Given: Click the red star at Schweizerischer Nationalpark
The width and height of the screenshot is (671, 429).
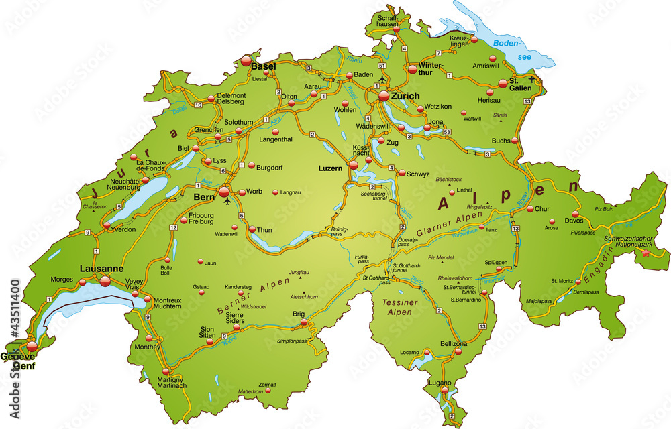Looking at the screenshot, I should click(646, 253).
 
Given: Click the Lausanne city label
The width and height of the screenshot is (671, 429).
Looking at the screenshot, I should click(101, 268).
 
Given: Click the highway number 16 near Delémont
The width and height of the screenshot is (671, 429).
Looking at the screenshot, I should click(198, 106).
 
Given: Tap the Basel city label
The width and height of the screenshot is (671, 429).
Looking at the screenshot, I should click(264, 66).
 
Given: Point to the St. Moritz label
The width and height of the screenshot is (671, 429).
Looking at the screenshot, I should click(562, 280).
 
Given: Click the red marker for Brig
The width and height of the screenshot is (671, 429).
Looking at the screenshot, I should click(304, 323).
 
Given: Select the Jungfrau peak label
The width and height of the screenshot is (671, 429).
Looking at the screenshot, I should click(299, 273).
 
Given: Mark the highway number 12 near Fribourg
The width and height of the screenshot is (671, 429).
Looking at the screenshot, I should click(173, 228).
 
